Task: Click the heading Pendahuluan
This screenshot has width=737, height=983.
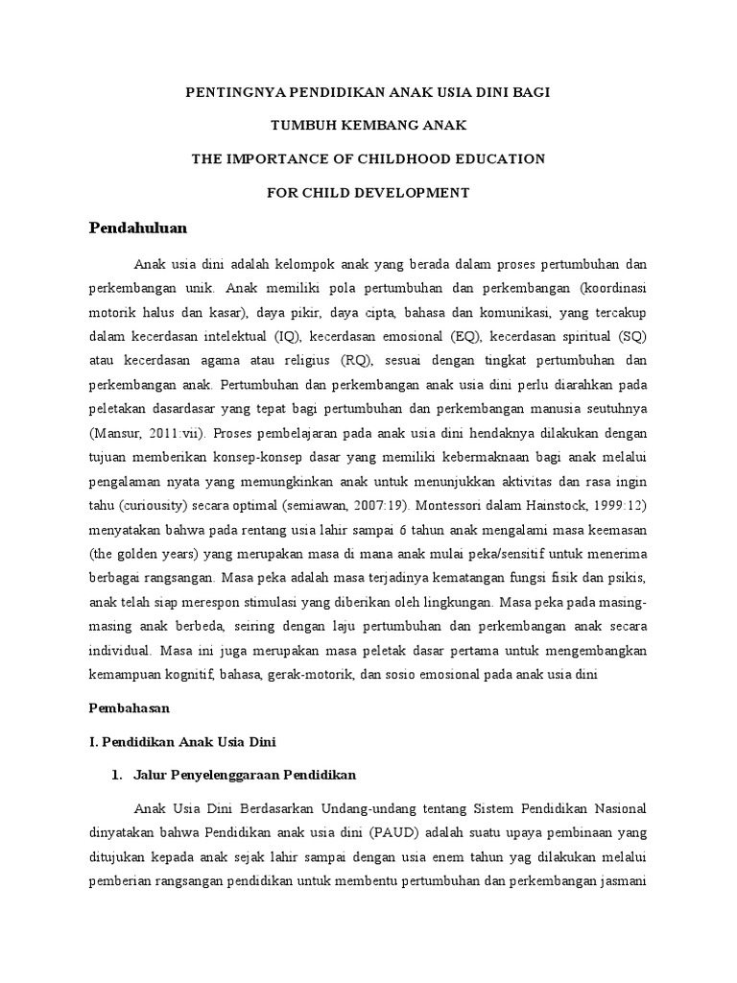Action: [x=137, y=228]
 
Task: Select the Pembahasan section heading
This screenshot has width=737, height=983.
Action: [x=129, y=707]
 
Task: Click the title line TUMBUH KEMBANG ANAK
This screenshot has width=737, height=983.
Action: [x=368, y=125]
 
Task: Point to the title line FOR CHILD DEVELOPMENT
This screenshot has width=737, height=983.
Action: [x=368, y=193]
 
